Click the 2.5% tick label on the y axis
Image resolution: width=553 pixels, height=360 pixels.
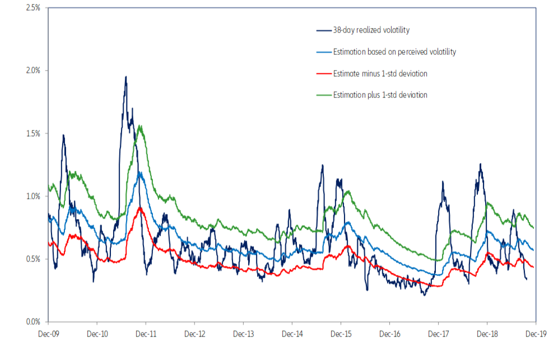(33, 8)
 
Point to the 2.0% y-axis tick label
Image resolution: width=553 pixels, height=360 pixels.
(33, 71)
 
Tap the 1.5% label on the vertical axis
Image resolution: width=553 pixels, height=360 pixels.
(33, 133)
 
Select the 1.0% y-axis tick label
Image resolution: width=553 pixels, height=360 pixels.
(33, 197)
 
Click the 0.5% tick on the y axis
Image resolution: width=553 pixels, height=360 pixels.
(33, 259)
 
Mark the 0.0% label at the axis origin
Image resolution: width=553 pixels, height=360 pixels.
(33, 322)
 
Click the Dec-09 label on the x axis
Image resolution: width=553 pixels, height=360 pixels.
(48, 334)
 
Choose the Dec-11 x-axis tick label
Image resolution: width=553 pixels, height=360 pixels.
(146, 334)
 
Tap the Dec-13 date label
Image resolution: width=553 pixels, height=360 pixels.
(243, 334)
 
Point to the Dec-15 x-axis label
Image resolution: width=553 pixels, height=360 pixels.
(341, 334)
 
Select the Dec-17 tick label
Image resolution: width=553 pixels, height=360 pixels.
(438, 334)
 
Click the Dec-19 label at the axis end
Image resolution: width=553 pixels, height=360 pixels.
(536, 334)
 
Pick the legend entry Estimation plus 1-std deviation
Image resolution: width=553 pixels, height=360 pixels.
(380, 95)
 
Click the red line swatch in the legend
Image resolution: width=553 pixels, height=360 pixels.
(323, 73)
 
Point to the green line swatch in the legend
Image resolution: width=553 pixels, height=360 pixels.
(323, 95)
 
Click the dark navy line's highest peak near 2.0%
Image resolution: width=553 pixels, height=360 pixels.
(126, 77)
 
